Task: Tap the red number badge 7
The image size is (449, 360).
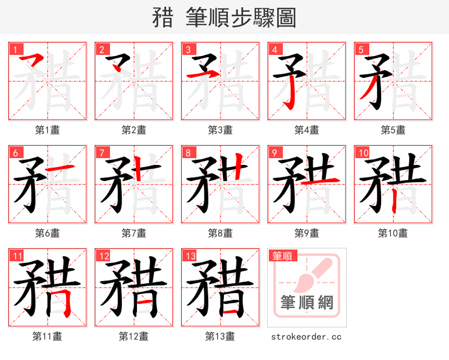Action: tap(102, 153)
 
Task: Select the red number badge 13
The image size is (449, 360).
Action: tap(190, 256)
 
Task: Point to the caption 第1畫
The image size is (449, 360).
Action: tap(47, 130)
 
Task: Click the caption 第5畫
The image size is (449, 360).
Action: tap(393, 130)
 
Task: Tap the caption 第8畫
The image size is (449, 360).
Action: tap(220, 233)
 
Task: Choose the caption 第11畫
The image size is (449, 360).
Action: tap(47, 336)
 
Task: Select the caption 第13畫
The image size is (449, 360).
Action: tap(220, 336)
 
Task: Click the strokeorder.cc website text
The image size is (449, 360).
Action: tap(306, 337)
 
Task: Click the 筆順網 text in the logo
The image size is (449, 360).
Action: tap(307, 303)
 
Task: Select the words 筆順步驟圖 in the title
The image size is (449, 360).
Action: tap(240, 18)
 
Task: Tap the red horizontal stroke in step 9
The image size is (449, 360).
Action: tap(320, 181)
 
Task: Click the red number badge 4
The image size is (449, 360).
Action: tap(274, 49)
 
